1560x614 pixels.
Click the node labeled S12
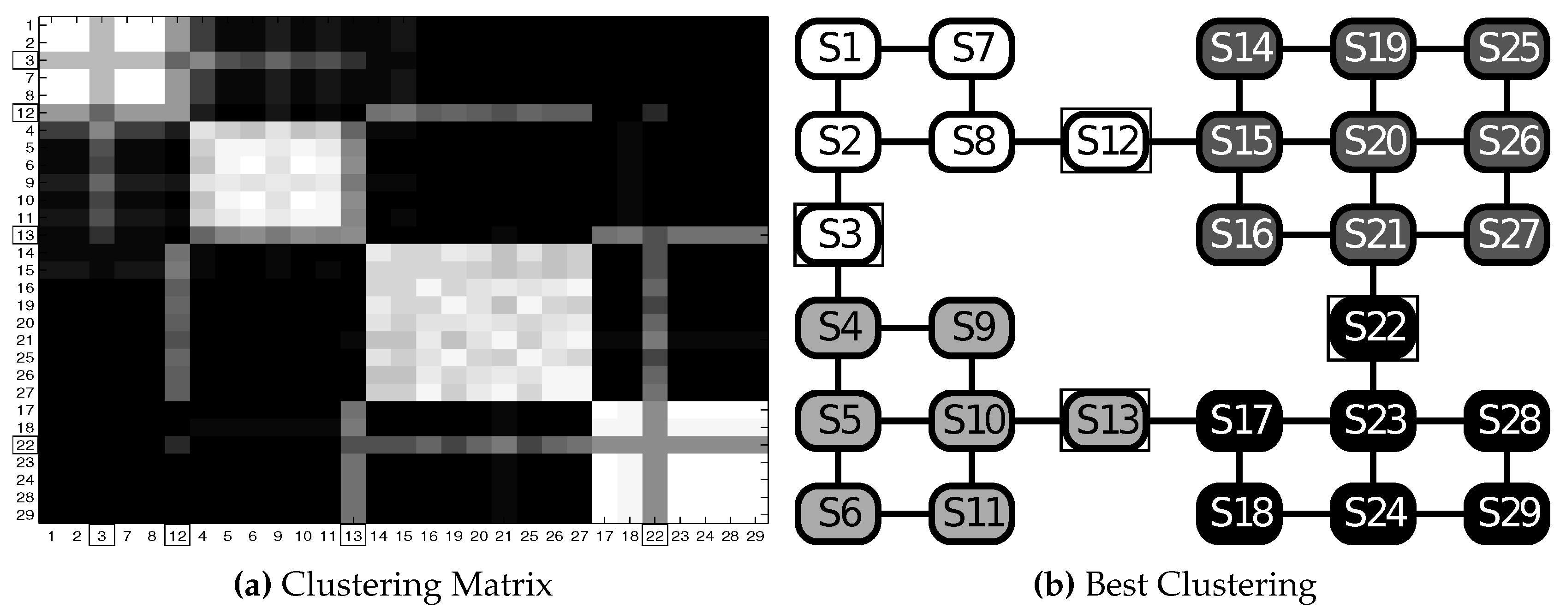[x=1106, y=141]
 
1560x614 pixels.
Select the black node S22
[x=1373, y=328]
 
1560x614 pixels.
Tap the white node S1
[x=838, y=48]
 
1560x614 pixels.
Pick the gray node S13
[x=1105, y=420]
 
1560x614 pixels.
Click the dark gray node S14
[x=1239, y=48]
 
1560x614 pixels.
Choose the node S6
[x=838, y=513]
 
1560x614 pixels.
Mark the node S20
[x=1373, y=141]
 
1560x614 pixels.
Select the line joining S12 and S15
[x=1173, y=141]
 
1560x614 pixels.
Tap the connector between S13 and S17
[x=1173, y=420]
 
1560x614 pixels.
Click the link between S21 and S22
[x=1373, y=281]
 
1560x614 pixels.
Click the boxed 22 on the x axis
[x=655, y=536]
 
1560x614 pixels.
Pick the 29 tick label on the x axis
[x=755, y=536]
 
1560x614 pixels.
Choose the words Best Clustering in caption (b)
[x=1200, y=585]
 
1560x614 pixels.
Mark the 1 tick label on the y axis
[x=29, y=25]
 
